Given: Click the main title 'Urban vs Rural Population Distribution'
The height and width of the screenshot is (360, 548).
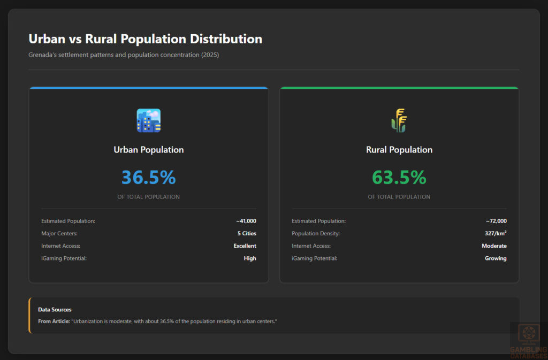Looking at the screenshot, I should pyautogui.click(x=145, y=39).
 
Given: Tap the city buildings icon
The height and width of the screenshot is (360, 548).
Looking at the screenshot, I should pyautogui.click(x=149, y=120).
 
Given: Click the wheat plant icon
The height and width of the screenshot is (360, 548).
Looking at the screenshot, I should pyautogui.click(x=399, y=120).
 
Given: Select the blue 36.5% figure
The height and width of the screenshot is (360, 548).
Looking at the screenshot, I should pyautogui.click(x=149, y=177).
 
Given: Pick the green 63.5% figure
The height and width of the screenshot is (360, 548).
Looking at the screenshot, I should pyautogui.click(x=399, y=177).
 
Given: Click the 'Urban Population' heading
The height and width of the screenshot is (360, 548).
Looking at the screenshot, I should pyautogui.click(x=149, y=150).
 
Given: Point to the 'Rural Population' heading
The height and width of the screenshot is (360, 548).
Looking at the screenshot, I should pyautogui.click(x=399, y=150).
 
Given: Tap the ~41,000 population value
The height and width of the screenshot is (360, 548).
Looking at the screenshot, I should pyautogui.click(x=246, y=221).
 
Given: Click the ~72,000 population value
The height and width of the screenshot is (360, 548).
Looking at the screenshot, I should pyautogui.click(x=496, y=221).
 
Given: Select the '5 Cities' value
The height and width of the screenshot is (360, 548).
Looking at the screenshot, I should pyautogui.click(x=247, y=234).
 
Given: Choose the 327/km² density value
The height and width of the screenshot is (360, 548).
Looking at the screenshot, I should pyautogui.click(x=496, y=234).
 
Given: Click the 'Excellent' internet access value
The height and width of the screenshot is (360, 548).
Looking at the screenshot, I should pyautogui.click(x=245, y=246).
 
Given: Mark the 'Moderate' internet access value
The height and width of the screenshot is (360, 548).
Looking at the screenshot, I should pyautogui.click(x=494, y=246).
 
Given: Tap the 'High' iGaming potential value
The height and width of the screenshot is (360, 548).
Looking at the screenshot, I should pyautogui.click(x=250, y=258).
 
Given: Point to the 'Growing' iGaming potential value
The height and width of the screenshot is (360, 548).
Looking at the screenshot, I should pyautogui.click(x=496, y=258).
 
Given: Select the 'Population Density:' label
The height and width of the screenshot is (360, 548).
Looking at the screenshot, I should pyautogui.click(x=316, y=234).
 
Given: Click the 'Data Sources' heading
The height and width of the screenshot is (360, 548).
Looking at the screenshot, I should pyautogui.click(x=55, y=310).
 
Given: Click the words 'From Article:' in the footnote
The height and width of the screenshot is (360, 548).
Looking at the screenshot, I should pyautogui.click(x=53, y=321).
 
